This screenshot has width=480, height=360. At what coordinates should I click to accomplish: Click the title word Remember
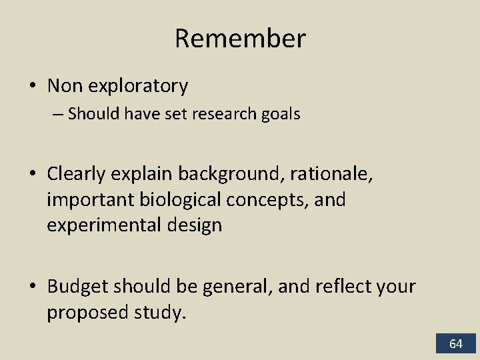click(240, 39)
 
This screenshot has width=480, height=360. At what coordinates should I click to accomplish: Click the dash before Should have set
click(58, 114)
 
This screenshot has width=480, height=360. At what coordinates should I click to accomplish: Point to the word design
click(191, 225)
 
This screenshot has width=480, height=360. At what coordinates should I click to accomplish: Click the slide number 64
click(456, 344)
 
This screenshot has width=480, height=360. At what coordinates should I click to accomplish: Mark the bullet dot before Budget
click(33, 287)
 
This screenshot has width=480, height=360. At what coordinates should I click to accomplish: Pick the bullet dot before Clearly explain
click(33, 175)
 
